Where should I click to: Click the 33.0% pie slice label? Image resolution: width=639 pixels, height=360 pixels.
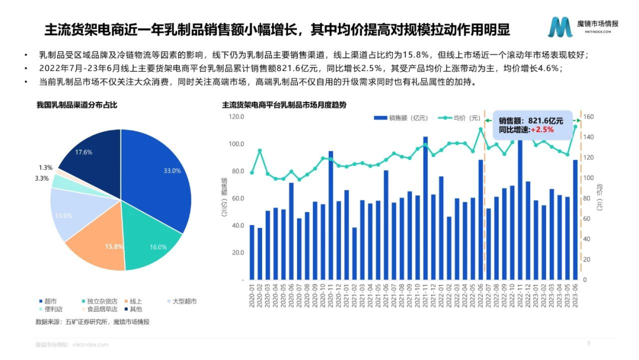click(172, 171)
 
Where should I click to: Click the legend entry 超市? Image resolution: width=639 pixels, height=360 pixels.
click(50, 301)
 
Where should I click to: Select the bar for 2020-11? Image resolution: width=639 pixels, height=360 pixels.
click(330, 216)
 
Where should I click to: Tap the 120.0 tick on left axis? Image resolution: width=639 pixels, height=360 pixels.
click(237, 117)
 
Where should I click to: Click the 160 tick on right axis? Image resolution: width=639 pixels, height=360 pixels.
click(589, 117)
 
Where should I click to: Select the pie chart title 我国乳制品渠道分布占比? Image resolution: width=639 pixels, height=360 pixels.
click(77, 105)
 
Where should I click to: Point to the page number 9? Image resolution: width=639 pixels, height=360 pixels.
click(588, 343)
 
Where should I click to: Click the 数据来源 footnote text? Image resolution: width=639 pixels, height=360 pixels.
click(92, 322)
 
